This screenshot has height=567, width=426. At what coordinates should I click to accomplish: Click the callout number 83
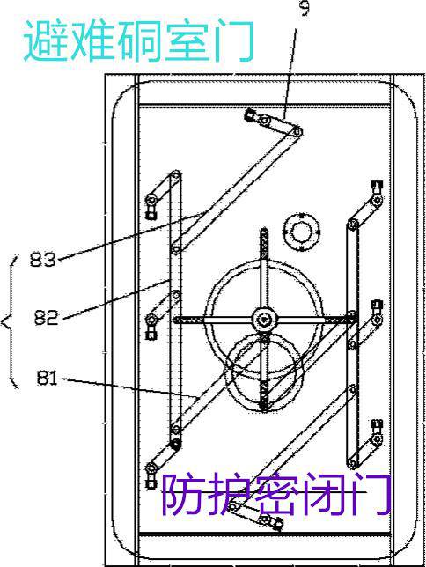pyautogui.click(x=43, y=259)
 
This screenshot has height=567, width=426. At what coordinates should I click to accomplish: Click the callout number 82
pyautogui.click(x=47, y=317)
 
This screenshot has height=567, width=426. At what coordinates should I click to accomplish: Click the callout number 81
pyautogui.click(x=47, y=379)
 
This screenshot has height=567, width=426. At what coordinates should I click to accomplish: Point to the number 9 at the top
pyautogui.click(x=305, y=8)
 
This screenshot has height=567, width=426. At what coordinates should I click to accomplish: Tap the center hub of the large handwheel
pyautogui.click(x=265, y=320)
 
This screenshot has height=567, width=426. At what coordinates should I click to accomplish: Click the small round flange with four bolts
pyautogui.click(x=301, y=232)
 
